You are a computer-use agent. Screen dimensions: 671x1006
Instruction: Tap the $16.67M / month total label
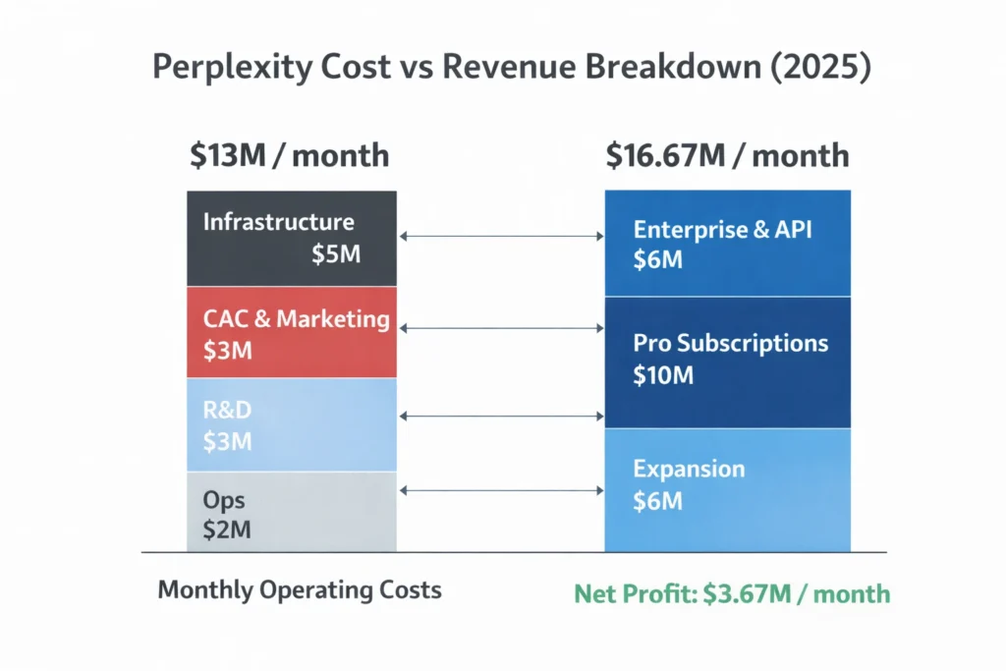click(727, 155)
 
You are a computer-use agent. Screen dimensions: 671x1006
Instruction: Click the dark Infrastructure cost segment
click(292, 239)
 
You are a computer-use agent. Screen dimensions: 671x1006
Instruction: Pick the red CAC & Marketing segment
click(292, 333)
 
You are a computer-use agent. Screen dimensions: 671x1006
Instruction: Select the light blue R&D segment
click(292, 425)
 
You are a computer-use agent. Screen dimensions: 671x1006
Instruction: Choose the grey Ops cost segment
click(292, 512)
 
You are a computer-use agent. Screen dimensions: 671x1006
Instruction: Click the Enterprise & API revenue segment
click(727, 244)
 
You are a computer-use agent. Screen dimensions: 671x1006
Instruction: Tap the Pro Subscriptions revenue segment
click(727, 362)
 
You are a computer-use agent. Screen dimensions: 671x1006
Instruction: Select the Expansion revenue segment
click(727, 489)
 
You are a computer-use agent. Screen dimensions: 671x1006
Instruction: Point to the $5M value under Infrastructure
click(336, 254)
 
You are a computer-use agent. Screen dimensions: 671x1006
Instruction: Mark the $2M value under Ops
click(227, 531)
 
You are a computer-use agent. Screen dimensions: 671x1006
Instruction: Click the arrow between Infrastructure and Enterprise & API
click(501, 237)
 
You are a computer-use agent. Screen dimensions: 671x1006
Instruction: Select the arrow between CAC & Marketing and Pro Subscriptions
click(501, 328)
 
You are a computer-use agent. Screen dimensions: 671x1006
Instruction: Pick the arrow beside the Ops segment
click(501, 489)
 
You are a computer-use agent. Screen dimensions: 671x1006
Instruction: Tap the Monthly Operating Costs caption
click(300, 590)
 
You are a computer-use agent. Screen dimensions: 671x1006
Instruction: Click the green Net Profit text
click(732, 593)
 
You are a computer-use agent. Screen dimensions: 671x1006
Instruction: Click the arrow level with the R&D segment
click(501, 417)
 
